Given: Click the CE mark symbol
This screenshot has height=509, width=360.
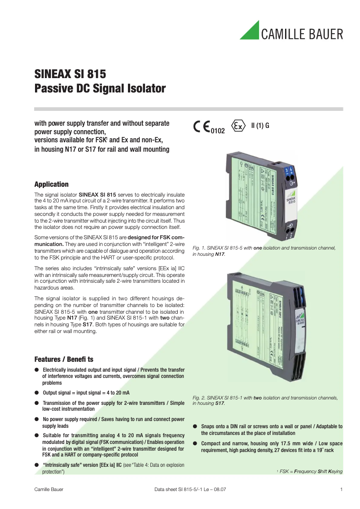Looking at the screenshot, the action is [x=202, y=127].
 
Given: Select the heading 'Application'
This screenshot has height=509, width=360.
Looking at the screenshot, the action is [x=52, y=184].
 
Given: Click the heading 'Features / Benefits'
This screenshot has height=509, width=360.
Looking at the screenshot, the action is [x=64, y=360].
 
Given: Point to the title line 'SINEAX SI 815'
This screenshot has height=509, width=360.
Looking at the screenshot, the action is [x=70, y=73].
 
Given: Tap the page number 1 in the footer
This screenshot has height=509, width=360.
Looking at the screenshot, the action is [x=342, y=489].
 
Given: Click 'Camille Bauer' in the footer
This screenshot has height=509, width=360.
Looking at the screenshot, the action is [x=49, y=489].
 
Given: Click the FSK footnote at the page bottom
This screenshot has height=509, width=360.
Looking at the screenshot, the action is [x=309, y=471].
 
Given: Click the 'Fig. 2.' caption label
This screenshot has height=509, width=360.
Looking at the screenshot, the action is [x=199, y=398].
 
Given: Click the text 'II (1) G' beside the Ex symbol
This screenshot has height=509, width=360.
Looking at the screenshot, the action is [x=260, y=126].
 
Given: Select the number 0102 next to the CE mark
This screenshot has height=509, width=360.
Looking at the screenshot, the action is [x=218, y=131].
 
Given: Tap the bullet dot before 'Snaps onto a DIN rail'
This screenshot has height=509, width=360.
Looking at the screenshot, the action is [x=195, y=426].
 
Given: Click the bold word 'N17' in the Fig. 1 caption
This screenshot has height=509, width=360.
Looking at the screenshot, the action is [x=220, y=254].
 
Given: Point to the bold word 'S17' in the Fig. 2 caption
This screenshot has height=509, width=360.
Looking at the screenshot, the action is [x=220, y=404].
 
